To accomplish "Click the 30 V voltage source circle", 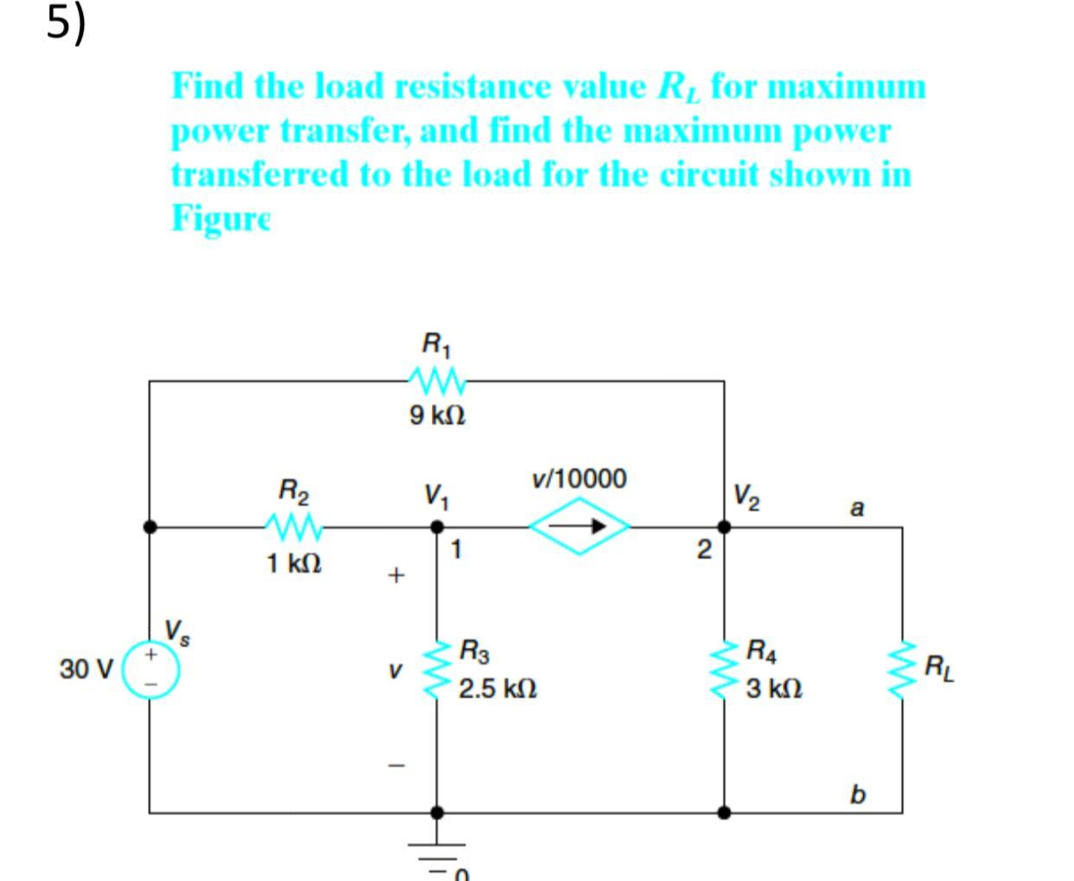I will point(150,669).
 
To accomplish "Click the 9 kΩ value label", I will point(438,416).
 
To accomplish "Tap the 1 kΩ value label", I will point(294,564).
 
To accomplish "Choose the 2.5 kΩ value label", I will point(498,690).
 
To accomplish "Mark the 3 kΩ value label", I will point(775,690).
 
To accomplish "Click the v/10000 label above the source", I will point(579,478).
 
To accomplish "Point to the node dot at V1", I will point(438,526).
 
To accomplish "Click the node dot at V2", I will point(725,526).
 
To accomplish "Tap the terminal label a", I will point(856,507).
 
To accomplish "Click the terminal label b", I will point(856,793).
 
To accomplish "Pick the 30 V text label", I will point(86,669).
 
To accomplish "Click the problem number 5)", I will point(66,23).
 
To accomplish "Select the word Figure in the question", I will point(221,217).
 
